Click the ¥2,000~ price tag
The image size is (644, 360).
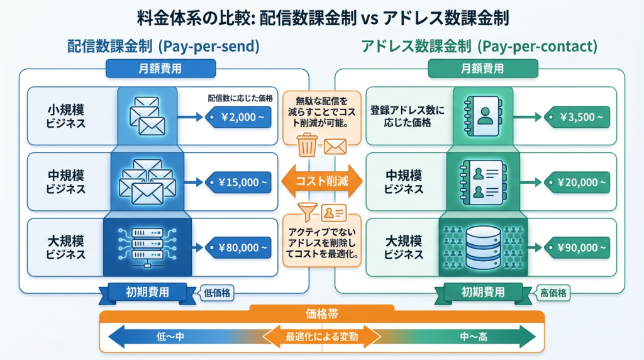(x=240, y=117)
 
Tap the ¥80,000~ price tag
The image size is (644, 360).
(x=240, y=247)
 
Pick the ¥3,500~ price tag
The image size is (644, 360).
(x=577, y=117)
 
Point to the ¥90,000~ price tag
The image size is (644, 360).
(x=577, y=247)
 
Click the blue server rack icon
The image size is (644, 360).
(x=147, y=246)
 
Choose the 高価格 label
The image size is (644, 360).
(x=554, y=293)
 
